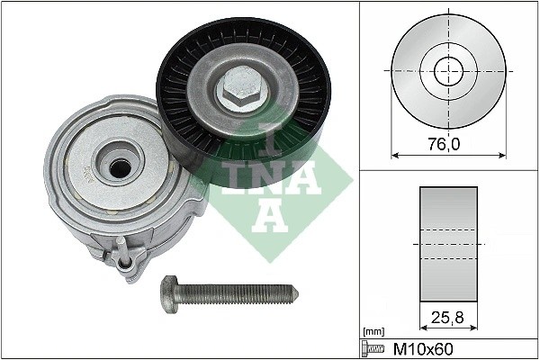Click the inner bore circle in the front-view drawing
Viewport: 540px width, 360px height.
coord(447,69)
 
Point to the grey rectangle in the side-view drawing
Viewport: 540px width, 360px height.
coord(447,243)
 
